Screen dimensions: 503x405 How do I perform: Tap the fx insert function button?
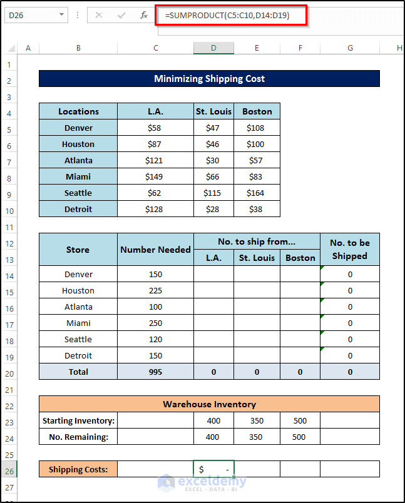click(144, 14)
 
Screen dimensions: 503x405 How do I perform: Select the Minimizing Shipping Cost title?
click(209, 79)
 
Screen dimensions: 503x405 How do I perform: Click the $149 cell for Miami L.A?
click(153, 176)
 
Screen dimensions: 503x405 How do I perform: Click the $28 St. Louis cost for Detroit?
click(213, 209)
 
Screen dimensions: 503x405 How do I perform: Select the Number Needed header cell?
click(155, 250)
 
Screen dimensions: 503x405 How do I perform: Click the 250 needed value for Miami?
click(155, 323)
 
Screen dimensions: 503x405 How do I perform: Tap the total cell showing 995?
click(155, 372)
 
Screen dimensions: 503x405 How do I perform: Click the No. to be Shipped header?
click(349, 250)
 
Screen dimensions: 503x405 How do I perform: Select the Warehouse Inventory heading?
click(209, 404)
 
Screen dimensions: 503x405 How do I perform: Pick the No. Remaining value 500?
click(299, 437)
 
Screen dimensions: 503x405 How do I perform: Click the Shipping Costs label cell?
click(78, 469)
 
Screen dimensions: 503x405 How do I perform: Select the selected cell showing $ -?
click(213, 469)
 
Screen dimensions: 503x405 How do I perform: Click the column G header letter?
click(349, 48)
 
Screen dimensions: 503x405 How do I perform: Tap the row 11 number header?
click(9, 225)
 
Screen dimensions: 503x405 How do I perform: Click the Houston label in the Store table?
click(78, 290)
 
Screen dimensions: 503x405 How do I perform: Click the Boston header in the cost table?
click(257, 111)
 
